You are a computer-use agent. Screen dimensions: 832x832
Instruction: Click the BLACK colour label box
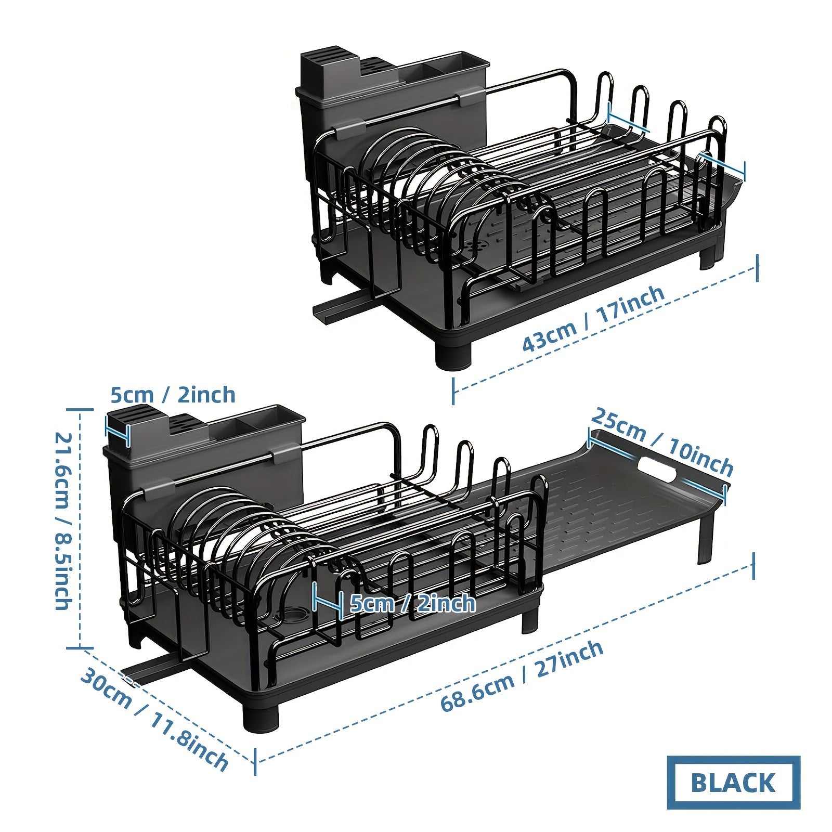(733, 782)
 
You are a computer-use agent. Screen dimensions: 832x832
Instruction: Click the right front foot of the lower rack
(530, 621)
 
